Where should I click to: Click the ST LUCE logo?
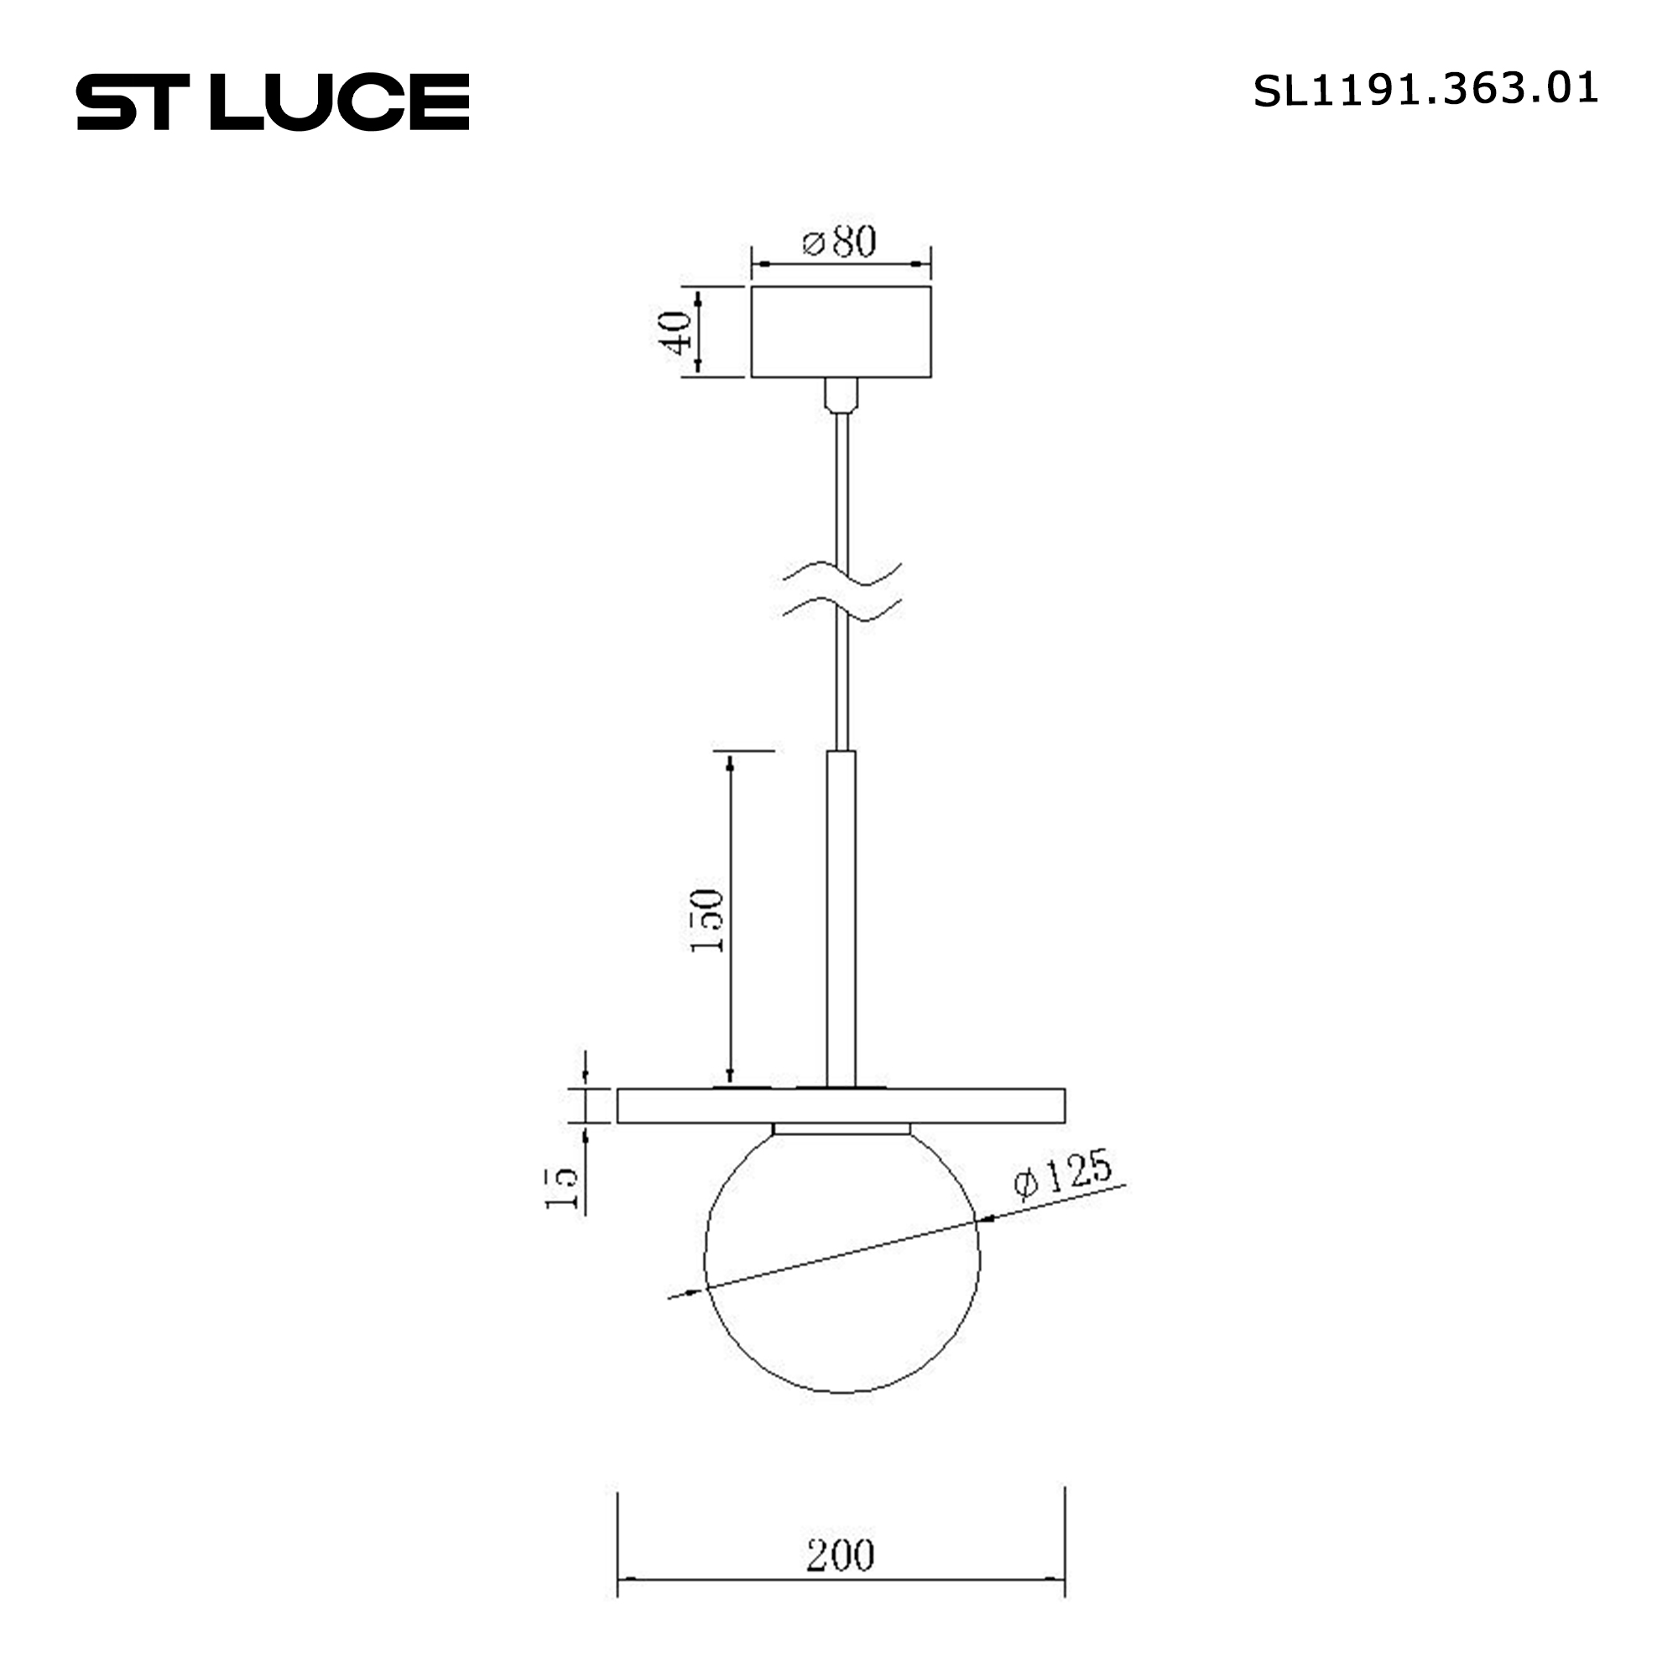pos(273,102)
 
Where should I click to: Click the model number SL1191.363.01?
pos(1425,90)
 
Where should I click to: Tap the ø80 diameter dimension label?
pos(839,242)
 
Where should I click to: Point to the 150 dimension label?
pos(707,920)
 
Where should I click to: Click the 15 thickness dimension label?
pos(562,1187)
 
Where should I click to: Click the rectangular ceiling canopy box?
pos(841,331)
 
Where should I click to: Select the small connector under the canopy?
pos(841,394)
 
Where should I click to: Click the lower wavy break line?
pos(841,610)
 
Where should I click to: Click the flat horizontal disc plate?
pos(841,1106)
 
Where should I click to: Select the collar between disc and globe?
pos(841,1128)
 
